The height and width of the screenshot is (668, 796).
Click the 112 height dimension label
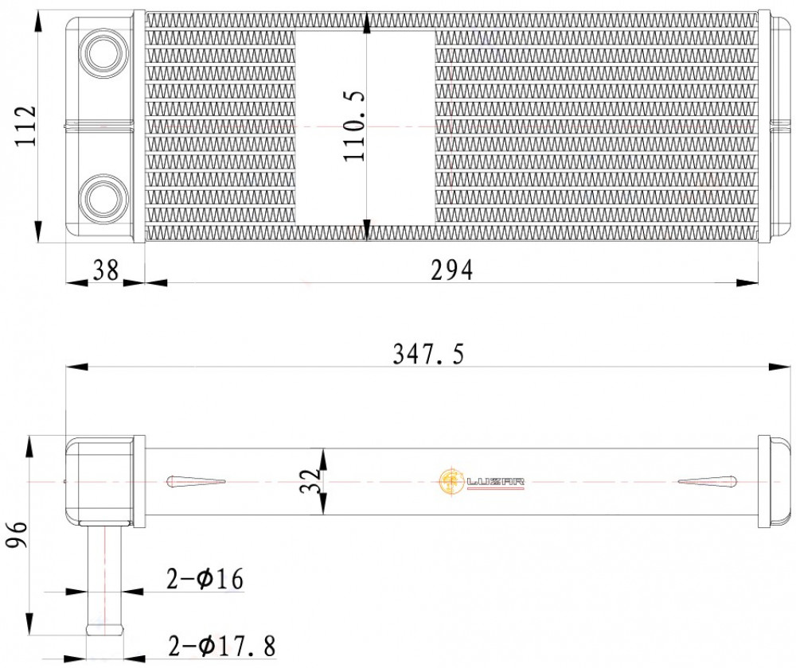[25, 126]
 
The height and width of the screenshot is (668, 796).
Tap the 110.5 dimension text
[354, 126]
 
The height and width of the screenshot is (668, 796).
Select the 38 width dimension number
[106, 270]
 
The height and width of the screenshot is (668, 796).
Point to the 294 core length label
[452, 270]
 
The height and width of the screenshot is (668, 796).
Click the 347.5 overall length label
[429, 354]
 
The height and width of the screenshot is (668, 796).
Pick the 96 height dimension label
[16, 534]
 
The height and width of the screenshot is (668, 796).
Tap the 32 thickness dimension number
[310, 481]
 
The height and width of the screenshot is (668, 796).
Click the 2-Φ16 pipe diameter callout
[205, 579]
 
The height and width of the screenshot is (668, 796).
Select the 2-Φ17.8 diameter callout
[222, 647]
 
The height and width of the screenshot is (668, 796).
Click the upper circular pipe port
[102, 52]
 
